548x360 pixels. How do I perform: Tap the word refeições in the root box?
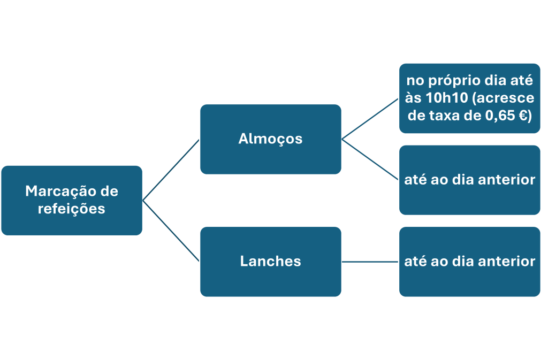tap(72, 209)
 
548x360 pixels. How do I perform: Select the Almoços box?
tap(270, 139)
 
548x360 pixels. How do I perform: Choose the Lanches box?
tap(270, 262)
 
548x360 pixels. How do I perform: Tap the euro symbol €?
tap(523, 115)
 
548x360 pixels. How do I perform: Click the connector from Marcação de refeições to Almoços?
tap(171, 170)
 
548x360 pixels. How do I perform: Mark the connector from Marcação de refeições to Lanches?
tap(171, 231)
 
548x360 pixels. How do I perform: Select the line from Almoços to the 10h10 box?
tap(370, 119)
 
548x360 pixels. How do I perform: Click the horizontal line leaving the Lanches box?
tap(370, 262)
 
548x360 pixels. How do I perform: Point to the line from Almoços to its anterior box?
tap(370, 159)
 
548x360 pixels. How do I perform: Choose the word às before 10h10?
tap(414, 98)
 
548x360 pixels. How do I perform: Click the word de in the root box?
tap(109, 192)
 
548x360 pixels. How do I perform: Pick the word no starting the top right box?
tap(415, 81)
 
